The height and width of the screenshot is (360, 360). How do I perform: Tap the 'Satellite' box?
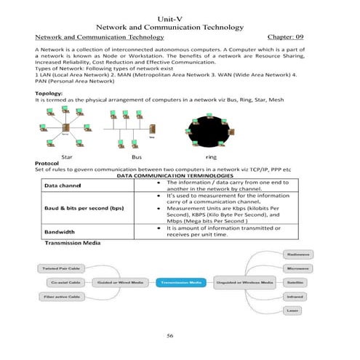[x=295, y=281]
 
